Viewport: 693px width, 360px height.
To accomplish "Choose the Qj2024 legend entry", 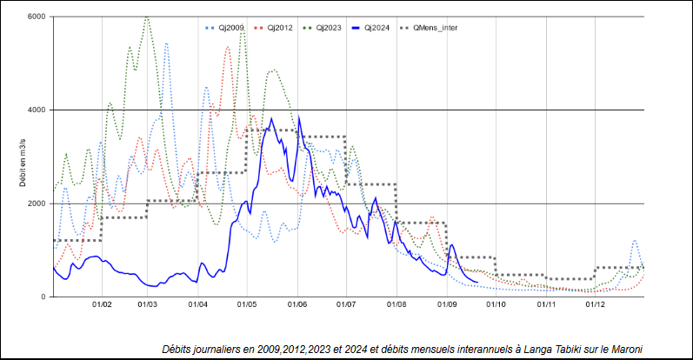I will coord(375,28).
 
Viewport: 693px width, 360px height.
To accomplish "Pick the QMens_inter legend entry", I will coord(434,28).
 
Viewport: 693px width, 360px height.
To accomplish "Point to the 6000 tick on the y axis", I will coord(36,17).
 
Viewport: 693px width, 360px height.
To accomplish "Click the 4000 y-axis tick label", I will coord(36,110).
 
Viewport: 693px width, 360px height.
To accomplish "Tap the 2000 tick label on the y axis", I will coord(36,203).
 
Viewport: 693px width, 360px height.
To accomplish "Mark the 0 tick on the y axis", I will coord(42,297).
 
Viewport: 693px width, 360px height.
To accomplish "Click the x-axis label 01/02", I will coord(102,305).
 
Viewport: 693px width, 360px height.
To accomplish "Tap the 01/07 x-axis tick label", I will coord(347,305).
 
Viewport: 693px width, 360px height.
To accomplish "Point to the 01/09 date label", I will coord(448,305).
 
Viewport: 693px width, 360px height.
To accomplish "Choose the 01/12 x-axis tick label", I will coord(596,305).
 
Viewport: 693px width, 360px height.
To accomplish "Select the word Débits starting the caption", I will coord(181,349).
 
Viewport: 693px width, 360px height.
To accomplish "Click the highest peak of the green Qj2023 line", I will coord(146,16).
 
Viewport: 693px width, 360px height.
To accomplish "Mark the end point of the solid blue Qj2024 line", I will coord(478,282).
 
